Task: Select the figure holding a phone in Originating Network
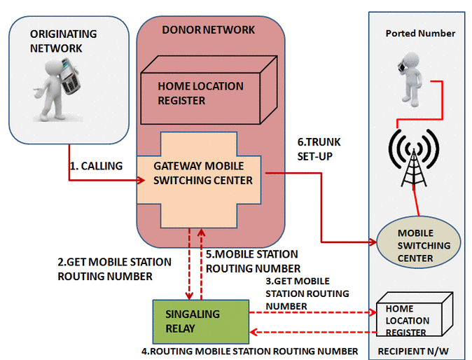[59, 89]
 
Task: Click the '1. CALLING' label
[97, 166]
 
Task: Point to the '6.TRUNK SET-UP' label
[316, 148]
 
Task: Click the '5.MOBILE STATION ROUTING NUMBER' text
[252, 261]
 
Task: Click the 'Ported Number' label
[420, 34]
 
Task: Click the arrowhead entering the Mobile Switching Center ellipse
[372, 242]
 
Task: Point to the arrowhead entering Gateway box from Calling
[131, 181]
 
